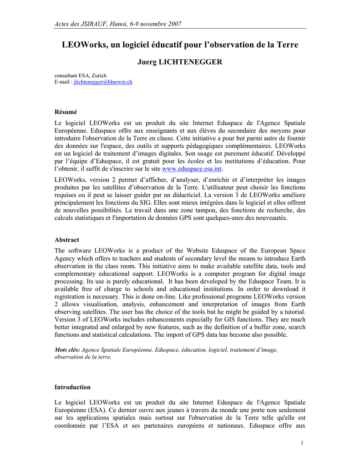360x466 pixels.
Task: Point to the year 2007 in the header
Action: coord(173,24)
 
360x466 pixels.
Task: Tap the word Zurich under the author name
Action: coord(99,76)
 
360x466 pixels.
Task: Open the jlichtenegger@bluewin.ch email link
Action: coord(103,82)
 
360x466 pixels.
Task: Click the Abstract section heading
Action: coord(67,240)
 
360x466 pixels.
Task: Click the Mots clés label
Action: coord(67,350)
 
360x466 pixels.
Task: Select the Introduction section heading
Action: coord(72,387)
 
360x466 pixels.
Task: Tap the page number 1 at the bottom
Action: coord(302,444)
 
